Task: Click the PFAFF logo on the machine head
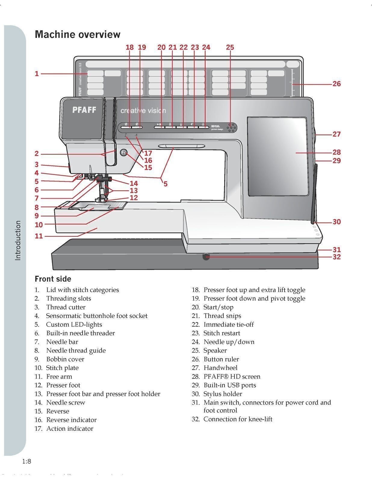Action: tap(84, 110)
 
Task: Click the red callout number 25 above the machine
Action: tap(230, 47)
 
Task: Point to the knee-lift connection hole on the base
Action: tap(206, 257)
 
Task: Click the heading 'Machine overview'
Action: tap(77, 34)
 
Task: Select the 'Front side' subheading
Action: tap(53, 279)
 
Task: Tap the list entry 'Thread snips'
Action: tap(222, 316)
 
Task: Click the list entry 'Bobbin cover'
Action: tap(65, 359)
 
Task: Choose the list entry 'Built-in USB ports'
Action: tap(230, 385)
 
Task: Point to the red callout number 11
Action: tap(39, 236)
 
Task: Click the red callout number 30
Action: tap(336, 222)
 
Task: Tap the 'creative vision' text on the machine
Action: tap(143, 111)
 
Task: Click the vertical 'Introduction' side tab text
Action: tap(18, 240)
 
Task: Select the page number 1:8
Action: tap(27, 461)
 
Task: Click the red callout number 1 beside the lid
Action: tap(37, 74)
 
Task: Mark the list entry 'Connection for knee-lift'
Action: tap(238, 419)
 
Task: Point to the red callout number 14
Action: tap(134, 183)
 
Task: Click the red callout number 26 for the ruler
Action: tap(336, 84)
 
